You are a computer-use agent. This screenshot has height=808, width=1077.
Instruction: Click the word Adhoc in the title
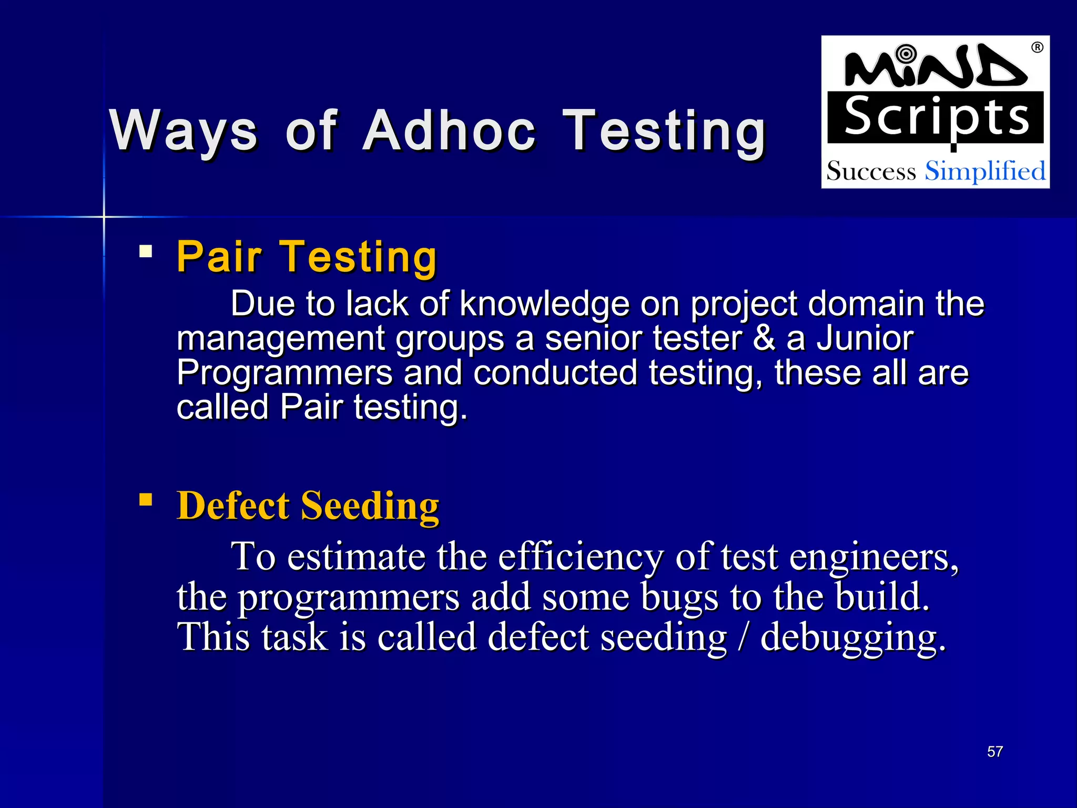(x=450, y=131)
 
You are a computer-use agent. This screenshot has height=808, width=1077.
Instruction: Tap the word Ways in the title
(x=184, y=131)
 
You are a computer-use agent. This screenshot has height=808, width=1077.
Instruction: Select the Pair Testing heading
(x=307, y=257)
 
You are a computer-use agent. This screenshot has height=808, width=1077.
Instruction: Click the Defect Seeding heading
(x=308, y=506)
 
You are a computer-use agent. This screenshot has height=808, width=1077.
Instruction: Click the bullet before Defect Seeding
(x=146, y=499)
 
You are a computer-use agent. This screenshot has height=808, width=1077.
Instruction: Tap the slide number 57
(x=994, y=752)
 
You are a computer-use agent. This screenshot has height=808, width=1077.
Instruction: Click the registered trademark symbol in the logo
(x=1037, y=47)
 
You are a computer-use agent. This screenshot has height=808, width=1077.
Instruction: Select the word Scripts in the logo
(x=936, y=117)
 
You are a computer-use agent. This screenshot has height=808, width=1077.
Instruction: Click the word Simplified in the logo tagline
(x=985, y=171)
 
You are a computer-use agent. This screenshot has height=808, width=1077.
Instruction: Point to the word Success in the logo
(x=871, y=171)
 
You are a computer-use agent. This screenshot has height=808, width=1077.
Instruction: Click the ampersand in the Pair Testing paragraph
(x=764, y=338)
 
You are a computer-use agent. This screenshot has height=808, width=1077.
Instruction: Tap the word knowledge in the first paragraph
(x=544, y=304)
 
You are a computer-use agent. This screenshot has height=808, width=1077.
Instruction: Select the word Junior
(x=865, y=338)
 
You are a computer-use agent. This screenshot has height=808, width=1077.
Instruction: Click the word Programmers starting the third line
(x=285, y=373)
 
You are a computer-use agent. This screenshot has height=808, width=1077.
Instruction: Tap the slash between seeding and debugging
(x=743, y=637)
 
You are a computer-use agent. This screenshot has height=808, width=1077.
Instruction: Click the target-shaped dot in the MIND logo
(x=906, y=54)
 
